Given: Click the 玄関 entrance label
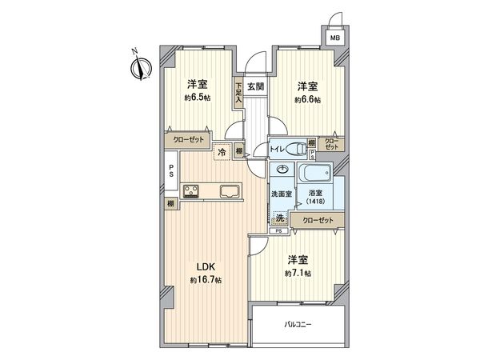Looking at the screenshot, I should point(255,86).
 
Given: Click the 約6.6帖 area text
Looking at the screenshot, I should point(308,99).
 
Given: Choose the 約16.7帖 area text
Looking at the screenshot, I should point(206,279).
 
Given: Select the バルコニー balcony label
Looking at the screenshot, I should point(299,325).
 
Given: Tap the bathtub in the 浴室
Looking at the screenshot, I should point(316,174).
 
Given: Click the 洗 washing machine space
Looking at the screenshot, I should point(279,218).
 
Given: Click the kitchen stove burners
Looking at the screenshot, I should point(192,190).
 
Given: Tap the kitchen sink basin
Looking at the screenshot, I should point(227,190).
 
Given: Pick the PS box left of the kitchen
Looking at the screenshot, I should point(171,171).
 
